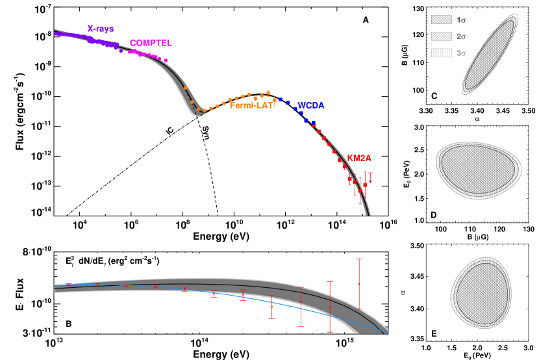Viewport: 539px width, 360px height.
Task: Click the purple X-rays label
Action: [x=100, y=29]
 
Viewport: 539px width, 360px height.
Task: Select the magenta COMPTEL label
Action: [x=151, y=44]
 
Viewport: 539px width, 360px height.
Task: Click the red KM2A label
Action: [x=359, y=158]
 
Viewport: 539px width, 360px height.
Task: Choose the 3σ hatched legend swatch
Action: [x=441, y=53]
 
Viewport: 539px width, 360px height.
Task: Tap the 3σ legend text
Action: [x=460, y=53]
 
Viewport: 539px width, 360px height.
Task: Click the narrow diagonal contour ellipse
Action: [x=490, y=54]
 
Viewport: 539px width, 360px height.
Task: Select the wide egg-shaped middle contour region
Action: [x=479, y=170]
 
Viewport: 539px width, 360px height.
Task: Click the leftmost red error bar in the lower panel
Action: [x=68, y=284]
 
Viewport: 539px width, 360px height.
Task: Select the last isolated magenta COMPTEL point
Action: [x=166, y=60]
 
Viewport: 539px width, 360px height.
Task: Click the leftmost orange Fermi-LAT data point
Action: [x=185, y=88]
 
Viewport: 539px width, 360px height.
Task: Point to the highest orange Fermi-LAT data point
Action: [x=268, y=92]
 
